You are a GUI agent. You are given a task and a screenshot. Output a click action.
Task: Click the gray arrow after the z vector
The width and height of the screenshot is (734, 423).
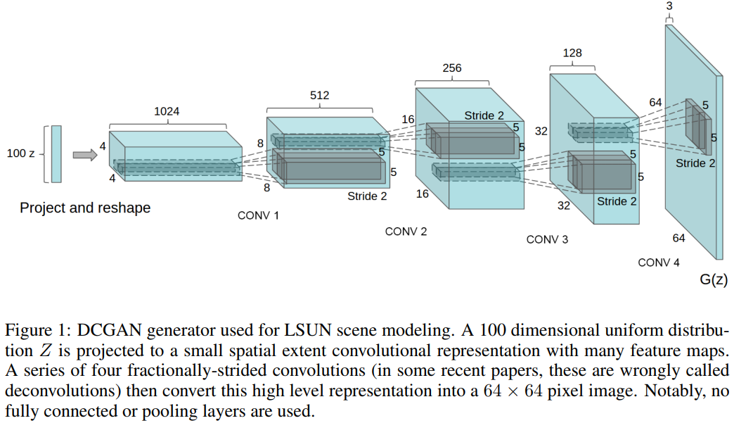point(84,155)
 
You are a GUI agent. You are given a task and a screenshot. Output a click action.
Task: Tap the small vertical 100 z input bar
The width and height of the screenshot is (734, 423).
point(56,153)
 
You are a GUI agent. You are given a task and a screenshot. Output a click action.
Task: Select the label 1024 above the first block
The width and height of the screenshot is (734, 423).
point(167,111)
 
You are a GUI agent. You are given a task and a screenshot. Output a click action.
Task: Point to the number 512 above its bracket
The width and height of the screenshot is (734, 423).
point(319,95)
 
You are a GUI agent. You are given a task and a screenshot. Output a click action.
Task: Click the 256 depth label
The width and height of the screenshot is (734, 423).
point(452,68)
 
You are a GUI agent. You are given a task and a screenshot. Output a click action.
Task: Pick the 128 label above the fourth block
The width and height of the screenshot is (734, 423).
point(572,53)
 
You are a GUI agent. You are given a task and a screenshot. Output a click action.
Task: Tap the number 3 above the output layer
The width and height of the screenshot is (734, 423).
point(669,6)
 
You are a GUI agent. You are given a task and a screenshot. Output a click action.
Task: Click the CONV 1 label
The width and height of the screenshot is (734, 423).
point(258,215)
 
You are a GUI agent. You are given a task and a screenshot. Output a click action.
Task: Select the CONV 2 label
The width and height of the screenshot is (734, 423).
point(406,232)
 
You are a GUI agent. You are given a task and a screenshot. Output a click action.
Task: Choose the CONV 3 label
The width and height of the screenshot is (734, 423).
point(547,240)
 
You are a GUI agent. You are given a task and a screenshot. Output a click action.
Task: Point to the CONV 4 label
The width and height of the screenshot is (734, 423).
point(659,263)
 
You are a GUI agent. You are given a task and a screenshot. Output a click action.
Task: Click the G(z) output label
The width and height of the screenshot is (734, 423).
point(714,280)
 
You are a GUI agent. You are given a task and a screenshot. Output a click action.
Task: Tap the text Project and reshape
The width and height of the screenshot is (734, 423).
point(85,208)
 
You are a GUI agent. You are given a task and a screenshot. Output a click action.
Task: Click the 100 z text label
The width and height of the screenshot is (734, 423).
point(20,153)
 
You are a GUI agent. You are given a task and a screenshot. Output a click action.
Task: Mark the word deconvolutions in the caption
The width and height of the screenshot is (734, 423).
point(49,390)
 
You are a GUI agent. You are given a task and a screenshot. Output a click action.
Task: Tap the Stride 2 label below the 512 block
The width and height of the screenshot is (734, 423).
point(367,196)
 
